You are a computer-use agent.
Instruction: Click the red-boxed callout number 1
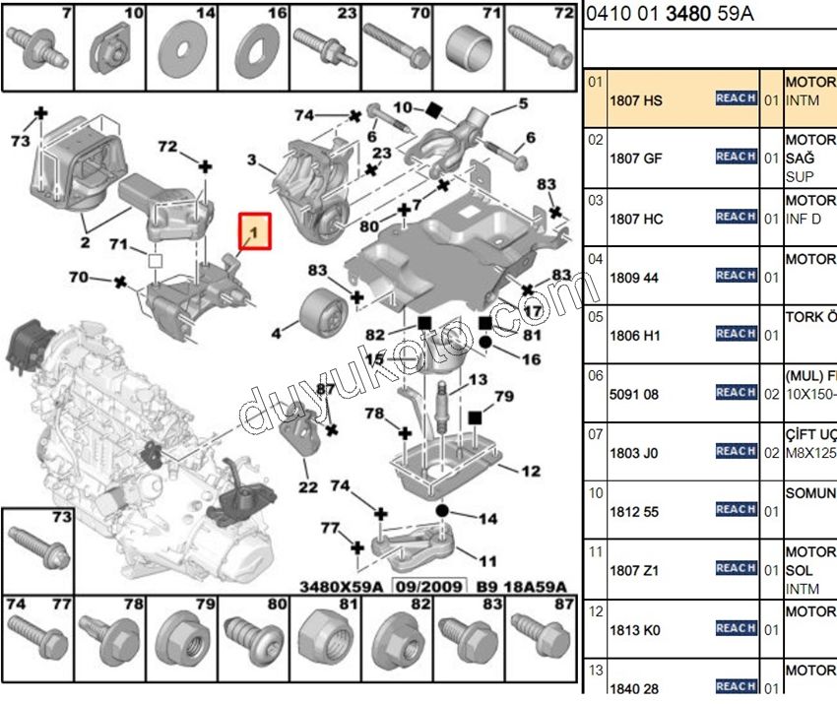coord(254,232)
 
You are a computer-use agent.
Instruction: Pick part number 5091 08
coord(634,394)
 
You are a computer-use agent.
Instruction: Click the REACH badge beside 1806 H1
coord(736,334)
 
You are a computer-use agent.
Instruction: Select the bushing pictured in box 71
coord(469,44)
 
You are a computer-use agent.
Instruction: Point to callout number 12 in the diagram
coord(531,472)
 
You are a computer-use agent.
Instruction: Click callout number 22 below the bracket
coord(308,486)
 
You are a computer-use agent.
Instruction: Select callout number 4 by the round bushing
coord(277,335)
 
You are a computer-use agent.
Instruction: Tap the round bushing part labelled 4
coord(319,312)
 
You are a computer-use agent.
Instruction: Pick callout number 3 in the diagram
coord(252,160)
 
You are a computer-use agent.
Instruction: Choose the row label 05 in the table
coord(595,318)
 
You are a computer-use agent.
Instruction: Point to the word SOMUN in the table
coord(809,492)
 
